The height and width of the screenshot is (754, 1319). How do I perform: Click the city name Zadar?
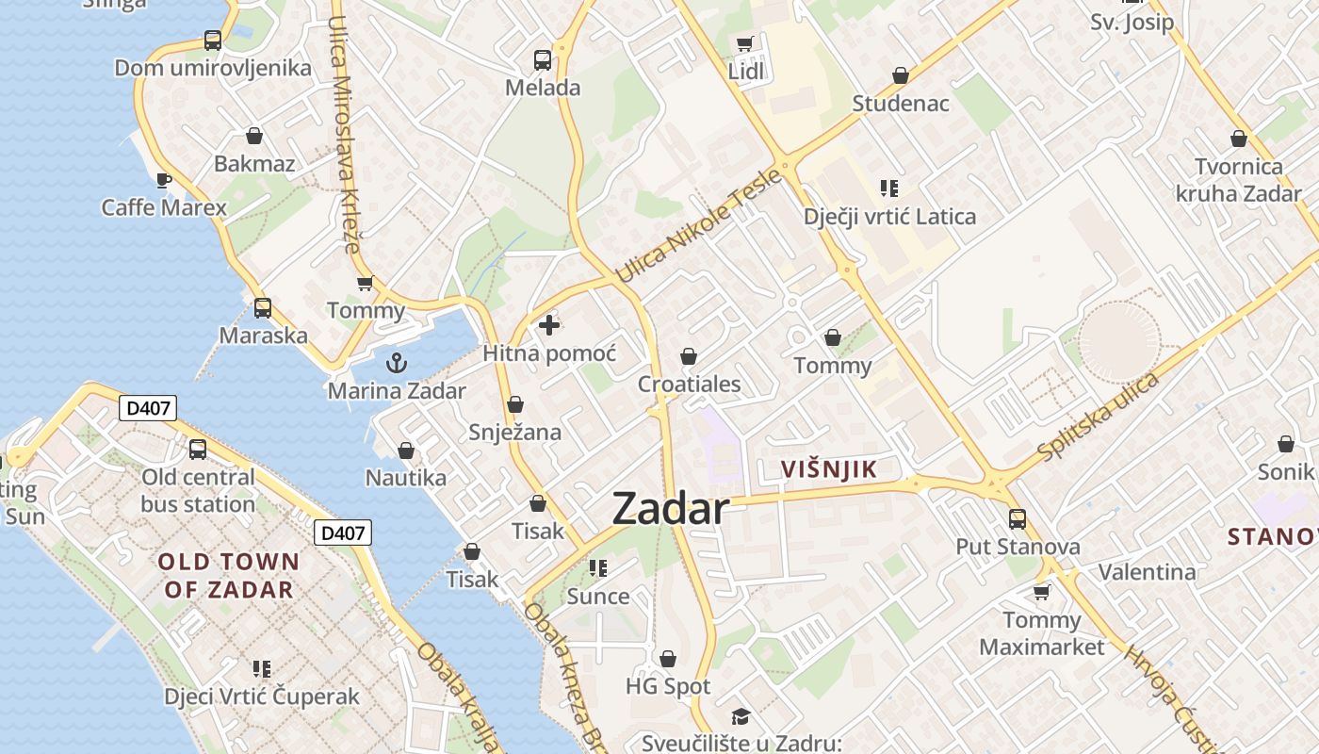[x=670, y=509]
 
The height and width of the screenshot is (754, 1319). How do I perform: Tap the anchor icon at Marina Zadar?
[x=397, y=363]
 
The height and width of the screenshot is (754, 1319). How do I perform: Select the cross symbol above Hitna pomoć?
[x=549, y=326]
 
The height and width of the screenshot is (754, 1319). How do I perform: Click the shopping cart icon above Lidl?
[x=745, y=42]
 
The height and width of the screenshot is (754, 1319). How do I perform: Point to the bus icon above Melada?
[x=543, y=60]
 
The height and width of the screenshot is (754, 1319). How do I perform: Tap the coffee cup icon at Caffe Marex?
[x=163, y=179]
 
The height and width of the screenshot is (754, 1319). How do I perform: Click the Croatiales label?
[x=689, y=385]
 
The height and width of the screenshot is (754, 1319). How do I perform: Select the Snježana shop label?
[x=514, y=433]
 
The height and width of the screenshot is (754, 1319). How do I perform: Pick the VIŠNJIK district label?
[x=829, y=469]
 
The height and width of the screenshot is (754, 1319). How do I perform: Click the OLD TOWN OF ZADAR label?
[x=228, y=576]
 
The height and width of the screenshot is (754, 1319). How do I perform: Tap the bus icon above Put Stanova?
[x=1018, y=518]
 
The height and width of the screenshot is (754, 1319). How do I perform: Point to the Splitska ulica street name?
[x=1098, y=418]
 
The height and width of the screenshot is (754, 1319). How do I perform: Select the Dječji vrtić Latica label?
[x=889, y=217]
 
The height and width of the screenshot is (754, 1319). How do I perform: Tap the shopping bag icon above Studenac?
[x=901, y=75]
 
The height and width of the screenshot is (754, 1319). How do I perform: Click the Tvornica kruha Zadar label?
[x=1239, y=180]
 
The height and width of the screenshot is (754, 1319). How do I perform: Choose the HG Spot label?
[x=668, y=686]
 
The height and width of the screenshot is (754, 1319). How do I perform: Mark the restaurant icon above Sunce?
[x=598, y=568]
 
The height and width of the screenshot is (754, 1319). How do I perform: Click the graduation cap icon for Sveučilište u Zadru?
[x=741, y=716]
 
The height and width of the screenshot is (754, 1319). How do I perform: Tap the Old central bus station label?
[x=198, y=490]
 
